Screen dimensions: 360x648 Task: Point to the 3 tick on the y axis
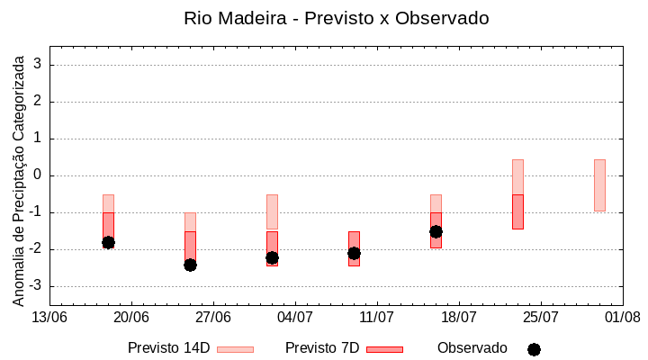point(38,65)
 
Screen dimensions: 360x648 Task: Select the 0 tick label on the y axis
point(38,175)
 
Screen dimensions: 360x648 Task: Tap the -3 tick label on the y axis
point(35,286)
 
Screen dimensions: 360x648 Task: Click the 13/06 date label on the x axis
point(49,317)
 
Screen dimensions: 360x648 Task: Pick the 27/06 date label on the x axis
point(213,317)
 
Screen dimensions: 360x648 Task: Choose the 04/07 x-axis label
point(295,317)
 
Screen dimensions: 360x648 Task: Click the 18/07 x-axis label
point(459,317)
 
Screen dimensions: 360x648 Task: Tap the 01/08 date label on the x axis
point(623,317)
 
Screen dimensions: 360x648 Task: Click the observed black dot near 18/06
point(108,242)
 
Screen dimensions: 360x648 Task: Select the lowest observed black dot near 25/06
point(190,265)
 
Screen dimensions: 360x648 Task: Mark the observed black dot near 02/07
point(272,257)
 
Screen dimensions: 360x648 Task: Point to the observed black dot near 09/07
point(354,253)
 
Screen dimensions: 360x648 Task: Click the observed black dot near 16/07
point(436,231)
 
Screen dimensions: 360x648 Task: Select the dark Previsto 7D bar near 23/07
point(517,211)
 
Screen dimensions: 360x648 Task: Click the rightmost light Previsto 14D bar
point(599,184)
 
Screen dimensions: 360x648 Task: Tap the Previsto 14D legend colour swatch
point(235,349)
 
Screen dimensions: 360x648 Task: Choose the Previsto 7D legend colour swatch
point(384,349)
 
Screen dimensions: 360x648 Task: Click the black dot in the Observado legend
point(534,349)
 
